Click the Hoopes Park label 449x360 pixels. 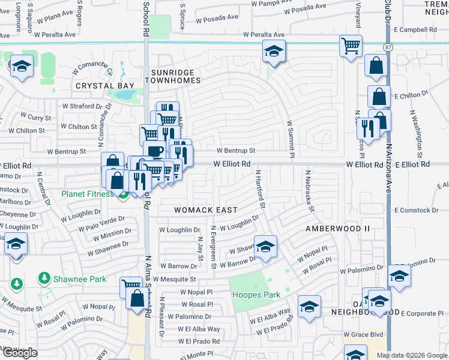tap(256, 295)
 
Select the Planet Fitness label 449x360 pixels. tap(87, 194)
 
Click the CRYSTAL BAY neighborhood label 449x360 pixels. tap(105, 86)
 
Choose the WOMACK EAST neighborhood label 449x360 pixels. tap(206, 210)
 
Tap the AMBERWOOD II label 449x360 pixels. tap(342, 229)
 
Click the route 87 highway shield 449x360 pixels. tap(388, 46)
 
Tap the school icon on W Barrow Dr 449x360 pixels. tap(265, 245)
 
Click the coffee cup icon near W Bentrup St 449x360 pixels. tap(154, 150)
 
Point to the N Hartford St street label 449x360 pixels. tap(260, 188)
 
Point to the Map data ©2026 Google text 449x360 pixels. tap(412, 355)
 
